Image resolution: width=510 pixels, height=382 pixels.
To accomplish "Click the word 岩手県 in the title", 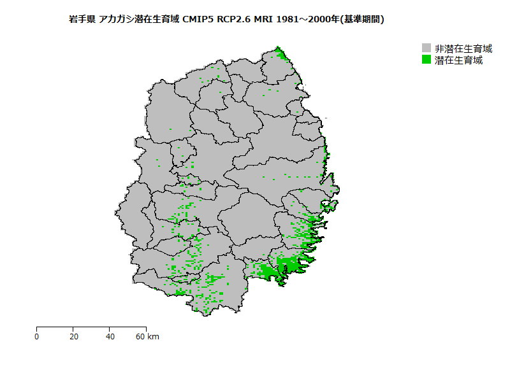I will pos(82,20).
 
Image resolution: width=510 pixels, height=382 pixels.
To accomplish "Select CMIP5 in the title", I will pos(198,20).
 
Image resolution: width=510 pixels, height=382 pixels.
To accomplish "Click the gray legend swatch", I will pos(426,48).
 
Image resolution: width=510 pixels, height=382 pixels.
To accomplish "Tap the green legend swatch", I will pos(426,60).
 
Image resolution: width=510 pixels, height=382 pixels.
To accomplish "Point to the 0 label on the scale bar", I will pos(37,337).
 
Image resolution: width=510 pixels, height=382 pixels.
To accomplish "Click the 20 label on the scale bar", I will pos(73,337).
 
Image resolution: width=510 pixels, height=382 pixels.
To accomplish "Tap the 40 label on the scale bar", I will pos(110,337).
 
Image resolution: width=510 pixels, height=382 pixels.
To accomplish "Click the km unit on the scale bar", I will pos(154,337).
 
